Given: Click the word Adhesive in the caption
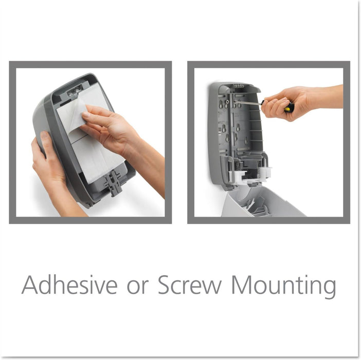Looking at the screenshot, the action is click(69, 284).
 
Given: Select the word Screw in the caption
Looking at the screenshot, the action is click(190, 285).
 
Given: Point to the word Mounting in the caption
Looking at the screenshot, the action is click(284, 286).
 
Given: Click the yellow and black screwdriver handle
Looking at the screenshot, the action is click(288, 106).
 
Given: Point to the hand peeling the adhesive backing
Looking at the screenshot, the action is click(111, 129).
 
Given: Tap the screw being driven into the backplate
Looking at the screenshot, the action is click(234, 101).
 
